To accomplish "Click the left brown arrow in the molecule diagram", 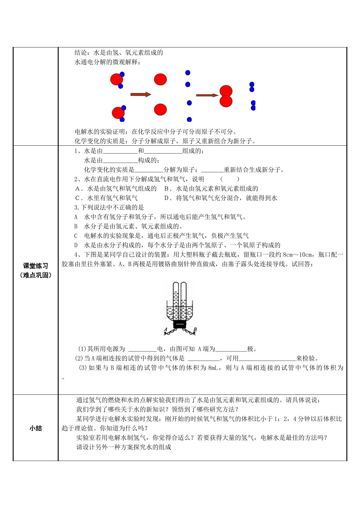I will click(x=141, y=95).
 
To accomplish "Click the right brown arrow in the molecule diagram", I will click(x=207, y=96).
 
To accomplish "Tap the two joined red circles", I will click(x=226, y=96).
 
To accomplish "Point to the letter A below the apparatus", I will click(x=165, y=329).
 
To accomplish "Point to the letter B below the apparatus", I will click(x=195, y=329).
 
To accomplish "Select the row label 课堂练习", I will click(x=36, y=266).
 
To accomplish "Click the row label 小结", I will click(x=36, y=428).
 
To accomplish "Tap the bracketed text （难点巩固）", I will click(x=36, y=275).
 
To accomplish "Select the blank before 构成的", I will click(x=120, y=160).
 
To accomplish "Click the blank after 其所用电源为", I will click(x=142, y=349).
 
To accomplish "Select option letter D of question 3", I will click(x=76, y=245).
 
